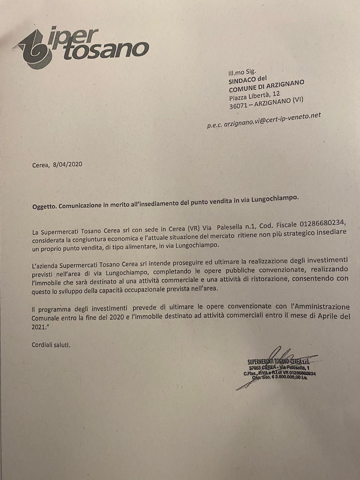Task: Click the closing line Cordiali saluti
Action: [51, 345]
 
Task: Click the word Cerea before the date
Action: [40, 165]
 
